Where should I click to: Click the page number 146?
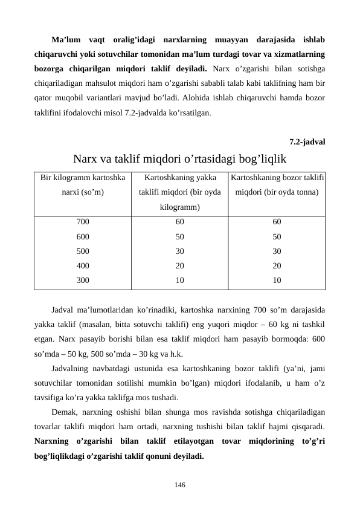(180, 485)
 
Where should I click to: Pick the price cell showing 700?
(83, 222)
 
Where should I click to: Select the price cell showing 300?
(83, 280)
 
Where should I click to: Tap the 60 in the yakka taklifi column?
(180, 222)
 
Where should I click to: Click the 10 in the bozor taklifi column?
(277, 280)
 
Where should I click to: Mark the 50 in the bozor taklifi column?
(277, 236)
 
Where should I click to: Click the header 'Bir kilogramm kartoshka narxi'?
(83, 186)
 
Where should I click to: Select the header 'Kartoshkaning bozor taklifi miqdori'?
(277, 186)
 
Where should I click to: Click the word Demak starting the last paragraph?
(64, 412)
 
